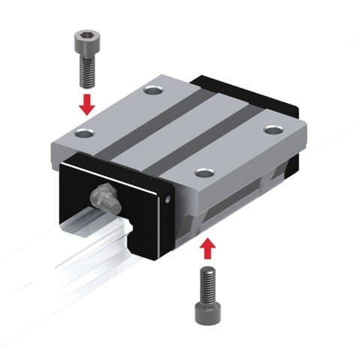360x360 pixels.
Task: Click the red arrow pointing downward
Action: coord(87,103)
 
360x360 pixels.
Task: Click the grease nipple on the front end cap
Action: coord(103,198)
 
